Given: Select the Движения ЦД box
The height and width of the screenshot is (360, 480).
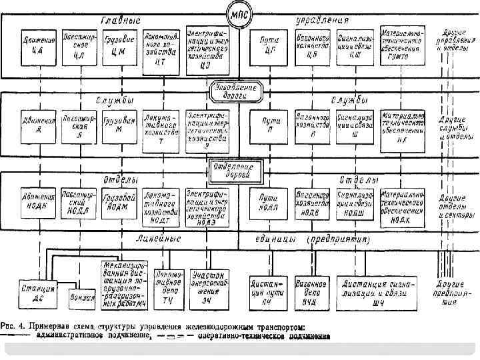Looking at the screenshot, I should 38,46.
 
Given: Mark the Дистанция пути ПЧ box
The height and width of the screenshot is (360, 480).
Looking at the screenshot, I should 267,290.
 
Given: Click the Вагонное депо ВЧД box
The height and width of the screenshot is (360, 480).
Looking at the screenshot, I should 309,290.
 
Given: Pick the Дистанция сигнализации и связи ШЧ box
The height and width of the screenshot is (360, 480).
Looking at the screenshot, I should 377,290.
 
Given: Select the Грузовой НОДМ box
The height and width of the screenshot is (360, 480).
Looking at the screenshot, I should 120,202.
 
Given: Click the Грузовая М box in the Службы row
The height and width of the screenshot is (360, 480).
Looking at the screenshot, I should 119,126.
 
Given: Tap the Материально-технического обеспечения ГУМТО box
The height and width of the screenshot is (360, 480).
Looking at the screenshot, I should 401,45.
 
